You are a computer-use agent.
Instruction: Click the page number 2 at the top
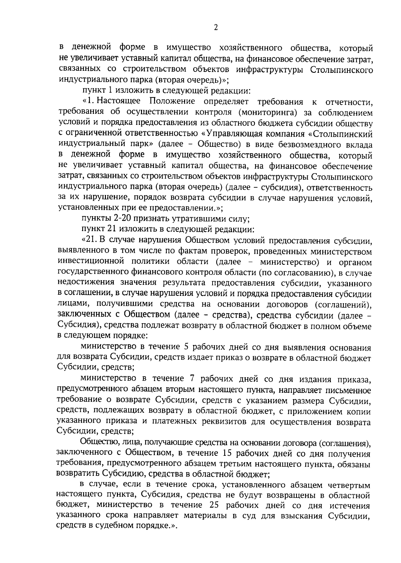click(216, 28)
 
